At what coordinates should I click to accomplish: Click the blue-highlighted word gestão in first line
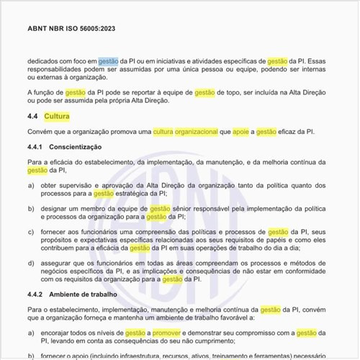[108, 62]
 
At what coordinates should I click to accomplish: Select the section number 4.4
[32, 116]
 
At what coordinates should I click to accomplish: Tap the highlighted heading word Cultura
[57, 116]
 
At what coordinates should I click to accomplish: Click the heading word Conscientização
[80, 148]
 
